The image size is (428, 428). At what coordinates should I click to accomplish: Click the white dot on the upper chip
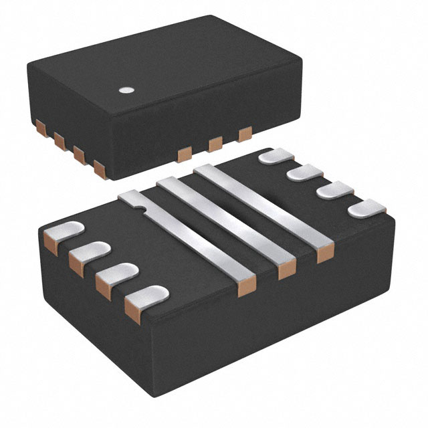pyautogui.click(x=125, y=88)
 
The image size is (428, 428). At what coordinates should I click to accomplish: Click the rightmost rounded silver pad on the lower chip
pyautogui.click(x=366, y=209)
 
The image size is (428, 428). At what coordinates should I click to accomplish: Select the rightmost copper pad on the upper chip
pyautogui.click(x=245, y=134)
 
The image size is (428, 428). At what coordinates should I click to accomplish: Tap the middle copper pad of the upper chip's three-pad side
pyautogui.click(x=215, y=144)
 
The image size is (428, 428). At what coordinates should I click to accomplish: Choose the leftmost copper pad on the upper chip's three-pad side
pyautogui.click(x=182, y=155)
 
